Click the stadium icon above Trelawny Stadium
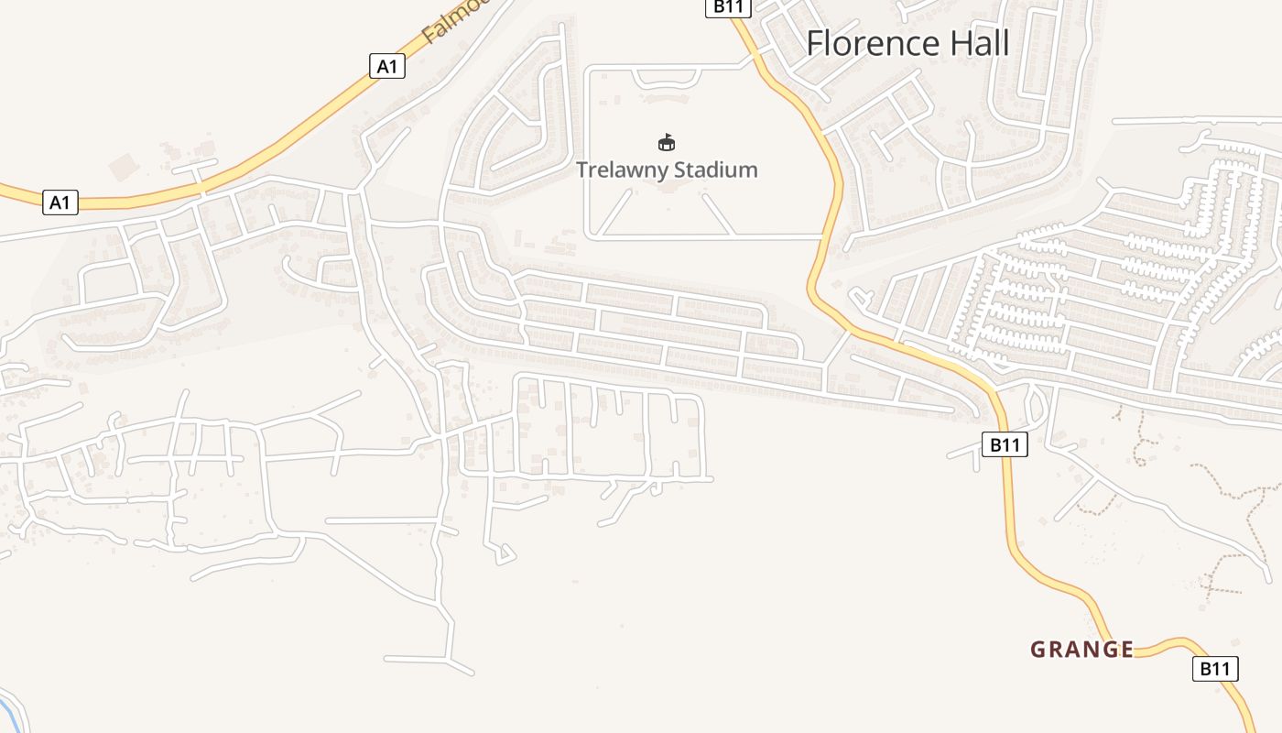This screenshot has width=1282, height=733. click(x=667, y=142)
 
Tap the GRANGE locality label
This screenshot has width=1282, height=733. click(x=1081, y=650)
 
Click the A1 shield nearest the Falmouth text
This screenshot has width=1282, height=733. click(x=386, y=66)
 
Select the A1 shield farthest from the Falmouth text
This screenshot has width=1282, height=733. click(x=60, y=202)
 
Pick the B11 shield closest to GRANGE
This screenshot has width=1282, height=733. click(x=1214, y=669)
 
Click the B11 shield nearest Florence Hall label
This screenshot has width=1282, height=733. click(x=728, y=7)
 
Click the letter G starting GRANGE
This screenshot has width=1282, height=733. click(x=1038, y=650)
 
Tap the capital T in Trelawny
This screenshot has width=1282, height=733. click(x=581, y=170)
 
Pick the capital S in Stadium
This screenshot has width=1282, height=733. click(x=679, y=170)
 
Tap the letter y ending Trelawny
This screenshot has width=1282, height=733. click(x=662, y=172)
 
